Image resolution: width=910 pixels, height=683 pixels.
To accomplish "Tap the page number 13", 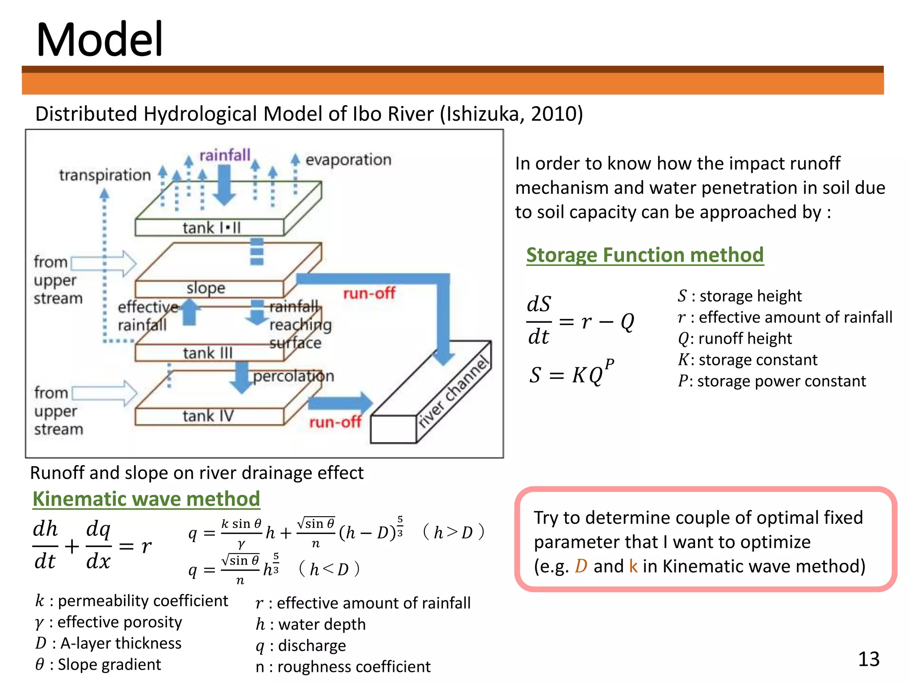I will pyautogui.click(x=868, y=659).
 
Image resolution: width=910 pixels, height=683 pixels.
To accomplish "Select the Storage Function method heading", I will pyautogui.click(x=644, y=255).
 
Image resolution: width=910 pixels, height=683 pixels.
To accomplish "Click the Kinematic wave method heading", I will pyautogui.click(x=146, y=499).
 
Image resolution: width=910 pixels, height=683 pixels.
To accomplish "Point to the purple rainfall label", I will pyautogui.click(x=225, y=155).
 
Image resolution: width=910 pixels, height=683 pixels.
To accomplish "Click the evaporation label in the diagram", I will pyautogui.click(x=348, y=160).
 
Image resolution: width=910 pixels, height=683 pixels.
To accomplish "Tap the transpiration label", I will pyautogui.click(x=105, y=175).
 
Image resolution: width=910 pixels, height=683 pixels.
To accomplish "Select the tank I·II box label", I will pyautogui.click(x=211, y=228).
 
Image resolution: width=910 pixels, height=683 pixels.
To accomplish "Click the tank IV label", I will pyautogui.click(x=208, y=416).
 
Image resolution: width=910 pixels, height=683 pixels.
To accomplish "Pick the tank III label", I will pyautogui.click(x=208, y=353).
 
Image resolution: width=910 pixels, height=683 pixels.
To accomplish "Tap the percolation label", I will pyautogui.click(x=293, y=376).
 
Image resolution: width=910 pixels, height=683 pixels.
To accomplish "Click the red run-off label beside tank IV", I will pyautogui.click(x=335, y=422).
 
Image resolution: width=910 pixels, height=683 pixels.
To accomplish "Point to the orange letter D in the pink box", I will pyautogui.click(x=581, y=566).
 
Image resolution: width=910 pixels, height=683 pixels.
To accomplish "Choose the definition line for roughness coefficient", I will pyautogui.click(x=343, y=667).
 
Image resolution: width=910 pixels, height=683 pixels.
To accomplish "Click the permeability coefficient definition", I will pyautogui.click(x=132, y=601).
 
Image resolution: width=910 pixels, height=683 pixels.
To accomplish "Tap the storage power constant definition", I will pyautogui.click(x=772, y=381).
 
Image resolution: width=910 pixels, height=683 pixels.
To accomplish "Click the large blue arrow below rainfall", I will pyautogui.click(x=224, y=185).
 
